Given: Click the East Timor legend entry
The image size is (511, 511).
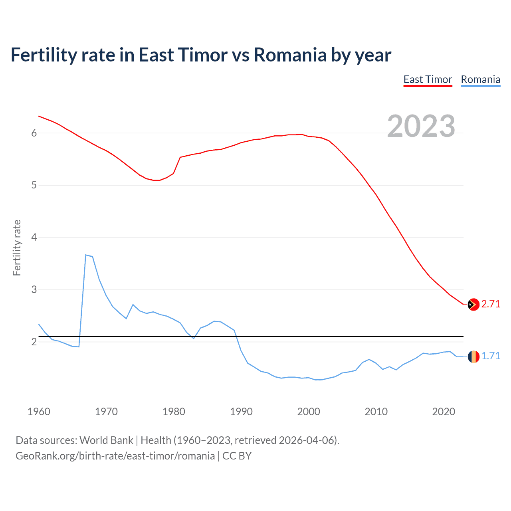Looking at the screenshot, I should point(428,79).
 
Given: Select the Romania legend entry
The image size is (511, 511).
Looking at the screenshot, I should point(480,79).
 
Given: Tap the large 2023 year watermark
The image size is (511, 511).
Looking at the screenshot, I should point(421,126).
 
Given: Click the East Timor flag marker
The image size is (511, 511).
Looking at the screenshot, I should point(473,304).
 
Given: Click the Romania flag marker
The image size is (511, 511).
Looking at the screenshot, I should point(473,356).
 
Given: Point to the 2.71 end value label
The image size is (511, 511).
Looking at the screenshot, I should point(491,304).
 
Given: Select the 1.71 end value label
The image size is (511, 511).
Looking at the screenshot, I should point(491,356).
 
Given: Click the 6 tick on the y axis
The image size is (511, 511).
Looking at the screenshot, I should point(34,133).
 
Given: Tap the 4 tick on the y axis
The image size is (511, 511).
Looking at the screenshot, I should point(34,238).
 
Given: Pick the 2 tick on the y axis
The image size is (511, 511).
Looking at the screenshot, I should point(34,342).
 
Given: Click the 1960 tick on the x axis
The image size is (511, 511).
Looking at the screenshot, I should point(39,412).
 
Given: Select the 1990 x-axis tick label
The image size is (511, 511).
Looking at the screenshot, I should point(241,412).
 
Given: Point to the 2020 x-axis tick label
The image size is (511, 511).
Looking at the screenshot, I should point(444,412).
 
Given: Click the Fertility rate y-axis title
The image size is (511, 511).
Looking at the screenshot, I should point(17,248).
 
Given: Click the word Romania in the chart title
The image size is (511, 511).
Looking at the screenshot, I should point(290,55).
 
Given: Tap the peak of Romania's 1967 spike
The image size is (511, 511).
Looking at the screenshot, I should point(86,255).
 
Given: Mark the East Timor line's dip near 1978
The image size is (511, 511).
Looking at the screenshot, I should point(157,180).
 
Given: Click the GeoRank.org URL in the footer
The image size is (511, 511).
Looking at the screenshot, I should point(115,456).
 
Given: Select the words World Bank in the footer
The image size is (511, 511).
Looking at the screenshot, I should point(106,440).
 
